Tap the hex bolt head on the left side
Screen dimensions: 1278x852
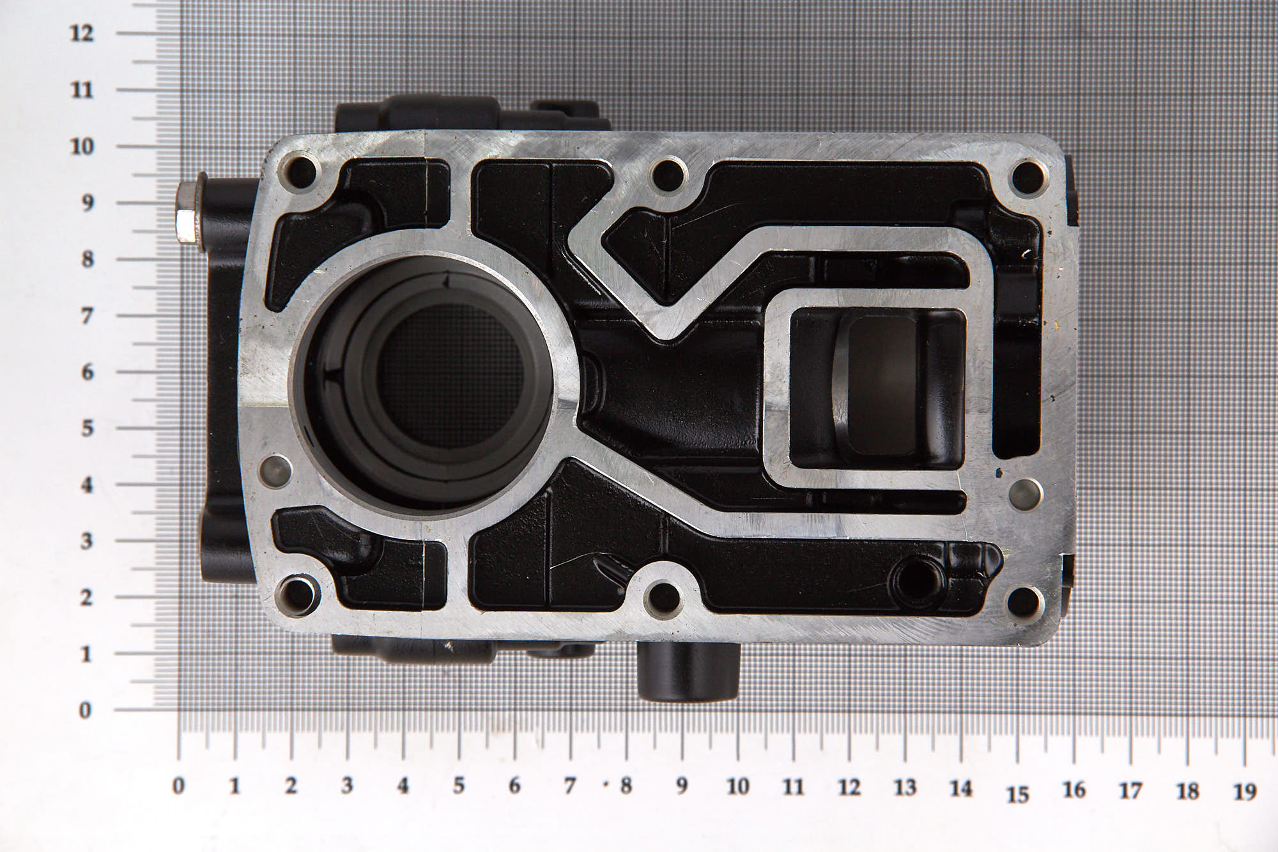(187, 213)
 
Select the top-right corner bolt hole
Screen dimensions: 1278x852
(1027, 174)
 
